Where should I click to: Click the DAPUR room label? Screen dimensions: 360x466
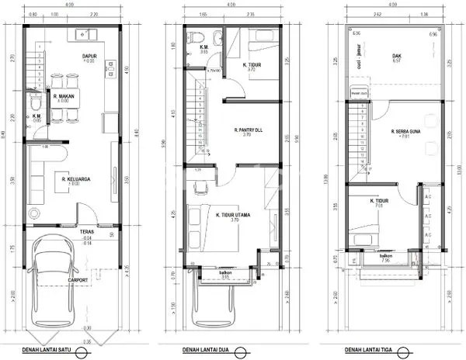pyautogui.click(x=88, y=56)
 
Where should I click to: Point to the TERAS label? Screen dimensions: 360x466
pyautogui.click(x=86, y=232)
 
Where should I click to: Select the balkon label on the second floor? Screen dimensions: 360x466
pyautogui.click(x=226, y=272)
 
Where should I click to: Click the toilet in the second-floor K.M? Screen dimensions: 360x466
pyautogui.click(x=197, y=36)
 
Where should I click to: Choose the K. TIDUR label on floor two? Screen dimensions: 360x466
pyautogui.click(x=250, y=64)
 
